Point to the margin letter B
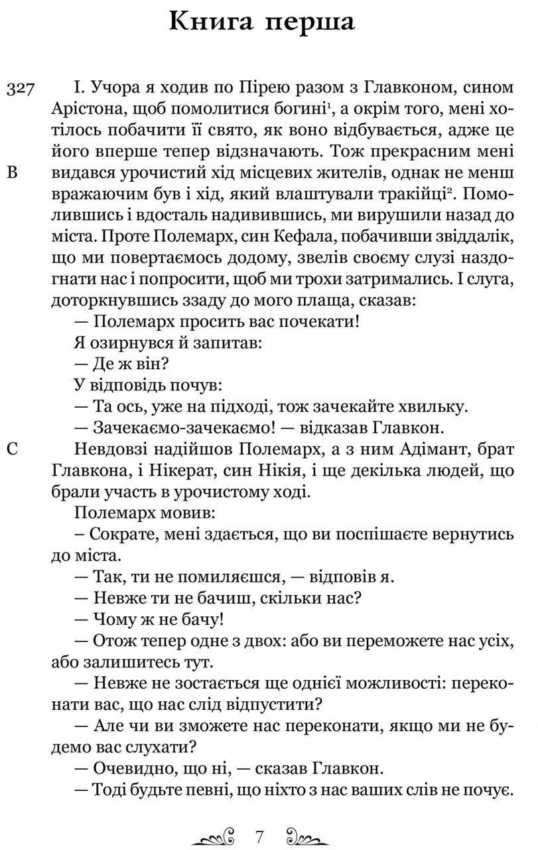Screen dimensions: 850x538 coord(11,174)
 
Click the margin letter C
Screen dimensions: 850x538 coord(11,451)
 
